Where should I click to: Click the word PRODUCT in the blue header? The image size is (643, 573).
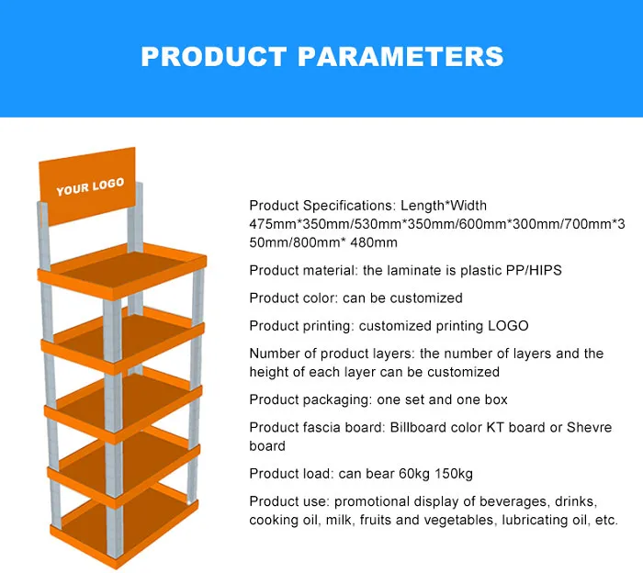point(213,56)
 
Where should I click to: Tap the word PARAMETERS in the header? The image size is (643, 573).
point(400,56)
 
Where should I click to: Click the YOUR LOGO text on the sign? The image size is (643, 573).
point(90,186)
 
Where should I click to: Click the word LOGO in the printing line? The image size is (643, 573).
point(508,326)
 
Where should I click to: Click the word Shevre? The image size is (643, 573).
point(590,427)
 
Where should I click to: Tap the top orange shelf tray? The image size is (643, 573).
point(122,271)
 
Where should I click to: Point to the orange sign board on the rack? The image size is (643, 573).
point(87,186)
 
